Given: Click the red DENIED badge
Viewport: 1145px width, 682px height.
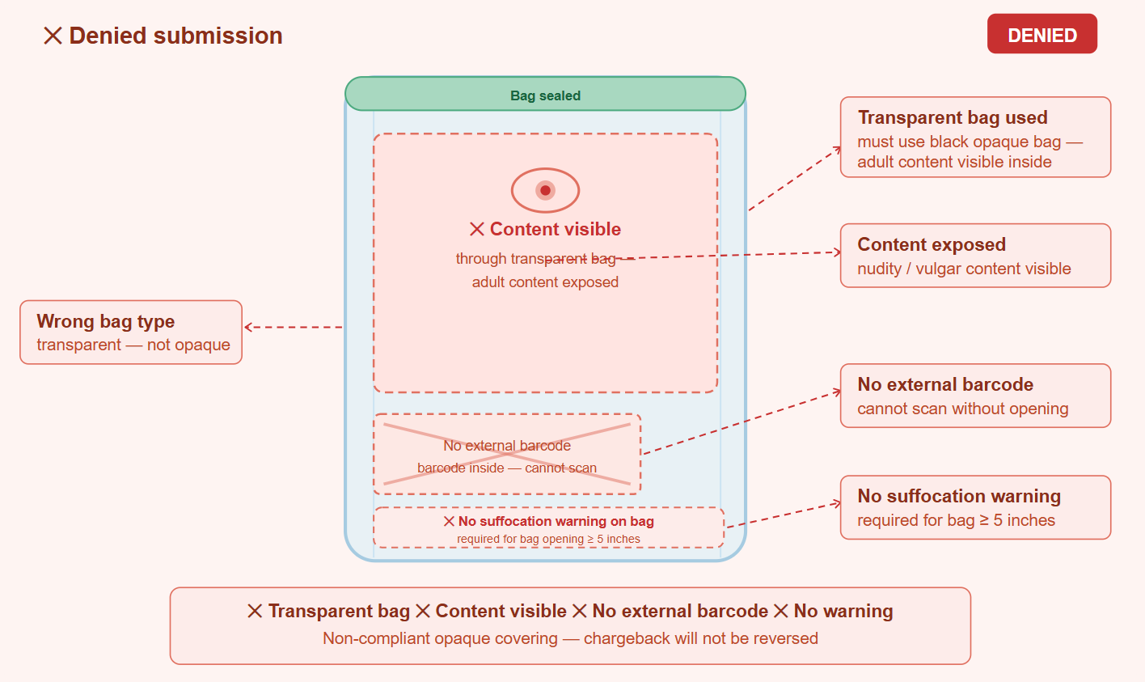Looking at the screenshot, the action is pos(1041,34).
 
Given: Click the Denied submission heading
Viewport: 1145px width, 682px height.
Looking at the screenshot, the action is pos(163,36).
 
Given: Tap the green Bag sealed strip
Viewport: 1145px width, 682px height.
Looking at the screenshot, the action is pos(545,94).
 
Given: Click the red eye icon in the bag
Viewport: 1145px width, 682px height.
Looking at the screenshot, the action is pos(545,190).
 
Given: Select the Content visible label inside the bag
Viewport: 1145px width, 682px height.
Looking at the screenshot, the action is pos(545,229).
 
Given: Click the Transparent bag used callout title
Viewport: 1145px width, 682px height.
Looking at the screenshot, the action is pos(953,117).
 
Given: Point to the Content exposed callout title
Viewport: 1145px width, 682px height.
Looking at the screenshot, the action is pos(932,244).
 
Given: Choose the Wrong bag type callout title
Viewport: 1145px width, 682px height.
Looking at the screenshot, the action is pos(106,321).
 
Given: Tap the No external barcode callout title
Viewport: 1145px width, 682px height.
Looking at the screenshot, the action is pos(945,384).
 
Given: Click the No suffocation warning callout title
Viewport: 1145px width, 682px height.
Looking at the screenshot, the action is pos(959,496).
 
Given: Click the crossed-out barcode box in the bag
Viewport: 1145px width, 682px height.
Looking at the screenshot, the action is pos(507,454).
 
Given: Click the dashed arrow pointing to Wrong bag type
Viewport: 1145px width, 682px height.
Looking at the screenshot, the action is pos(294,327).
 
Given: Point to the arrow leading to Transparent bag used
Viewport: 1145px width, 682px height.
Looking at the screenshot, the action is pos(795,179).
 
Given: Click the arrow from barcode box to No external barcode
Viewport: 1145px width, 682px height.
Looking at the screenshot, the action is pos(742,423).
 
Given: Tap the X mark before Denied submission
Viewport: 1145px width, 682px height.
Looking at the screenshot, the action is pos(53,36).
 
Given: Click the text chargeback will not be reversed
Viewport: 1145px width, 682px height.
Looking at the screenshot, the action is pos(701,638).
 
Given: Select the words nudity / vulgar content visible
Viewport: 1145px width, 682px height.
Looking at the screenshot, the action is pos(964,269).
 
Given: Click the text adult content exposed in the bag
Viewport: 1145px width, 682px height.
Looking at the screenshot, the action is pos(545,282).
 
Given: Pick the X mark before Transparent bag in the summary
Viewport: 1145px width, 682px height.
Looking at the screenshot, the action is pos(255,611).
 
